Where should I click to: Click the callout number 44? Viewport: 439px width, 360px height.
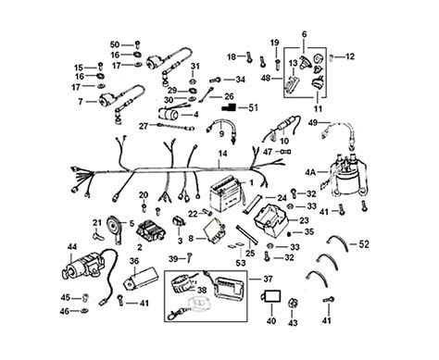click(x=72, y=246)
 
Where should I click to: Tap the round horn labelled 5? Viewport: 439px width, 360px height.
click(x=114, y=229)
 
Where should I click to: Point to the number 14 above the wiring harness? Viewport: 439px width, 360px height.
click(x=222, y=154)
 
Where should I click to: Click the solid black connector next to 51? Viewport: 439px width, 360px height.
click(x=229, y=107)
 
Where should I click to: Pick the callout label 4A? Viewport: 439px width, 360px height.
click(x=310, y=172)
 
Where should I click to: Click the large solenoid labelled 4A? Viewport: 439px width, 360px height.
click(x=348, y=177)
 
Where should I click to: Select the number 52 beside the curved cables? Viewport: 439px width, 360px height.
click(x=364, y=244)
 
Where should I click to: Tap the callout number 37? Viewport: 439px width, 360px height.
click(x=268, y=279)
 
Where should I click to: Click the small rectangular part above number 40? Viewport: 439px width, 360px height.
click(x=271, y=297)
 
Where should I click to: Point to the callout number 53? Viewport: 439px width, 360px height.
click(x=241, y=263)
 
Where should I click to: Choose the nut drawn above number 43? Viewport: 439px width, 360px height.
click(x=293, y=304)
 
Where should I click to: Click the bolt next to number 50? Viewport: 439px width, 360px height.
click(x=138, y=44)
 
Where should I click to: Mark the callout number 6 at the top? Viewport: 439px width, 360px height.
click(x=304, y=34)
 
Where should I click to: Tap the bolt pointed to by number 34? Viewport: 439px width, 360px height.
click(x=215, y=81)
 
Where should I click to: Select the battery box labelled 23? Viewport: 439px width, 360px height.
click(x=270, y=220)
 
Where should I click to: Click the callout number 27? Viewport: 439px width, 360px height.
click(x=144, y=126)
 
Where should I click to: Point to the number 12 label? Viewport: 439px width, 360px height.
click(x=350, y=56)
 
